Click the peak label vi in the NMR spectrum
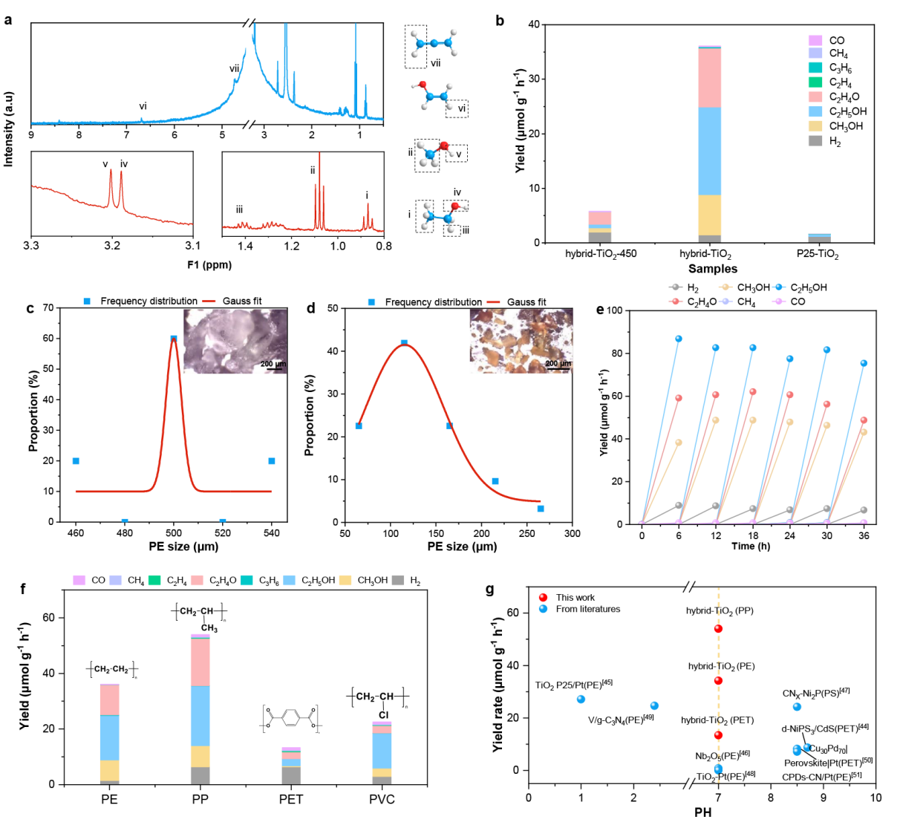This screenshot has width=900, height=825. click(x=143, y=106)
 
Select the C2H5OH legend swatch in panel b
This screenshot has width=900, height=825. click(x=815, y=111)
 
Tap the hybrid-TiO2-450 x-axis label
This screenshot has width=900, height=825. click(x=601, y=254)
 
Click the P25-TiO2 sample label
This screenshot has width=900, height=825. click(x=813, y=254)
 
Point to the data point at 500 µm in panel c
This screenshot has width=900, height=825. click(x=174, y=339)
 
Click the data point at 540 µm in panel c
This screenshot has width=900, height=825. click(x=272, y=461)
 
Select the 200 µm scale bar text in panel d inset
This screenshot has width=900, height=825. click(x=558, y=364)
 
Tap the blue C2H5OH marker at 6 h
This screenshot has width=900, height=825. click(x=679, y=339)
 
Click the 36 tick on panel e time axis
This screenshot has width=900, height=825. click(x=864, y=535)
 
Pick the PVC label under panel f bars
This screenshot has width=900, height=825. click(x=382, y=800)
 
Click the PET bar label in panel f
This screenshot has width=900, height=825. click(x=291, y=800)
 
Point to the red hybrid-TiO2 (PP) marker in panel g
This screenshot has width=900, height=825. click(x=718, y=629)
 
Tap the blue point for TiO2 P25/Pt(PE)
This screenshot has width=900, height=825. click(x=581, y=700)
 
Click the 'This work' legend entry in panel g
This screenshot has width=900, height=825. click(x=575, y=597)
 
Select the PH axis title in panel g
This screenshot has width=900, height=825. click(x=702, y=812)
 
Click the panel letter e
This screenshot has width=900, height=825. click(x=600, y=310)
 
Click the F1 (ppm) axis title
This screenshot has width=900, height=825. click(x=209, y=265)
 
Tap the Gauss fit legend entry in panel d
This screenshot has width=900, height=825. click(x=526, y=302)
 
